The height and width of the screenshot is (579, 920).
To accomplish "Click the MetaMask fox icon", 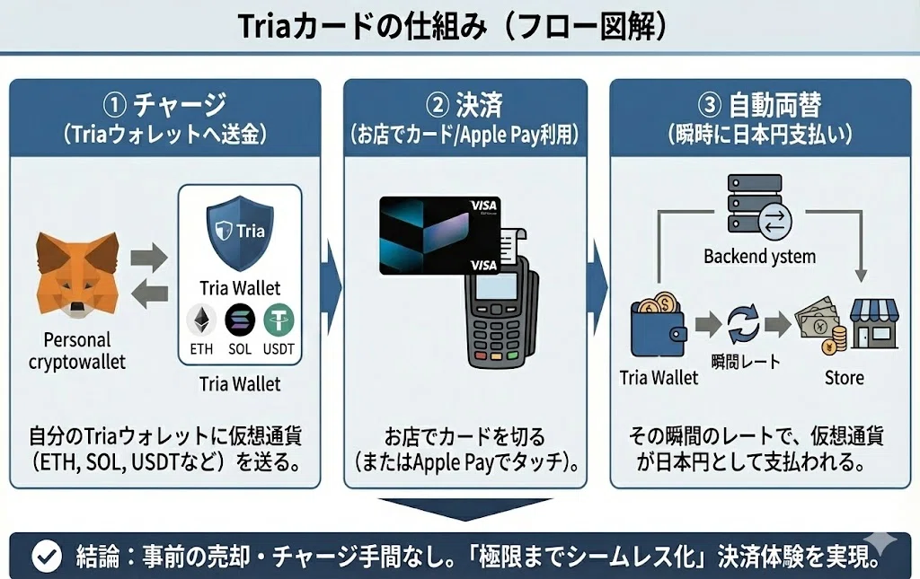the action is pos(77,275).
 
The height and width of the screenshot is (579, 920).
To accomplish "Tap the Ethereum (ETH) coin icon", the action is pos(201,320).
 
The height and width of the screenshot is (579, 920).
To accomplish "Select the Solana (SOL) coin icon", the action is pos(240,320).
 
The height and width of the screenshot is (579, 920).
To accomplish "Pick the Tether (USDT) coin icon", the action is pos(279,320).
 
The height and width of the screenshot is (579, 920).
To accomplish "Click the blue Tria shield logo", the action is pos(240,232).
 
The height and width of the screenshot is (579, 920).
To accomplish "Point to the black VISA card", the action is pos(440,235).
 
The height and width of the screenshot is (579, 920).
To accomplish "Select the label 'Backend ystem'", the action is pos(760,256).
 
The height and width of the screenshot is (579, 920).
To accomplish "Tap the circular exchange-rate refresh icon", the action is pos(743,324).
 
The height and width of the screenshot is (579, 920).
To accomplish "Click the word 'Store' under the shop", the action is pos(845,377).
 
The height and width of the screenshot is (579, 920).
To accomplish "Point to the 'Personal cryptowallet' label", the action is pos(77,350).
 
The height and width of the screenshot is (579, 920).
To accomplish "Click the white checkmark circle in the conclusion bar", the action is pos(47,556).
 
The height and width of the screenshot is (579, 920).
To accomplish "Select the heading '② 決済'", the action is pos(464,106).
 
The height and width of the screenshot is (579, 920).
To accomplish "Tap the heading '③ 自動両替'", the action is pos(760,106).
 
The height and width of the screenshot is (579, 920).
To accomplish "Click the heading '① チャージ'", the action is pos(165,106).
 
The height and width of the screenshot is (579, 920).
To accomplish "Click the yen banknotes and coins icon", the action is pos(820,324).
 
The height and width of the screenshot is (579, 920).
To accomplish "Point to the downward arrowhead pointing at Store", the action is pos(861,276).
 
